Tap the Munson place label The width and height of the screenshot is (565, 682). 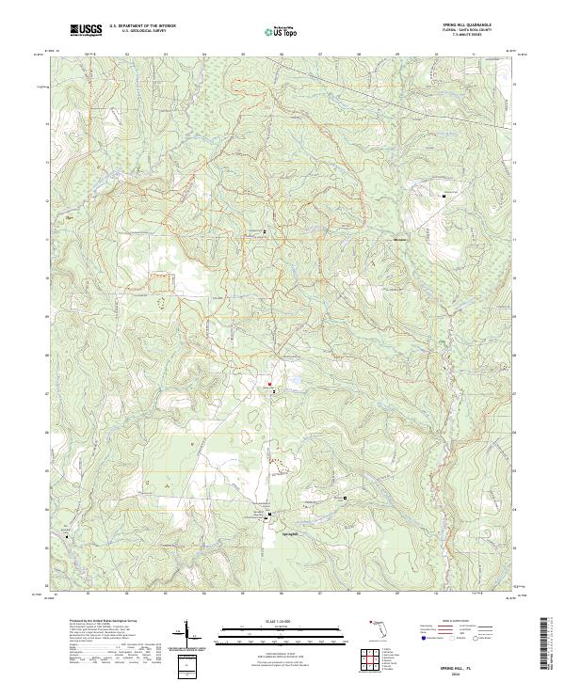[399, 239]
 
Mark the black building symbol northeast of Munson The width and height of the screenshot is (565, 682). [444, 195]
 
